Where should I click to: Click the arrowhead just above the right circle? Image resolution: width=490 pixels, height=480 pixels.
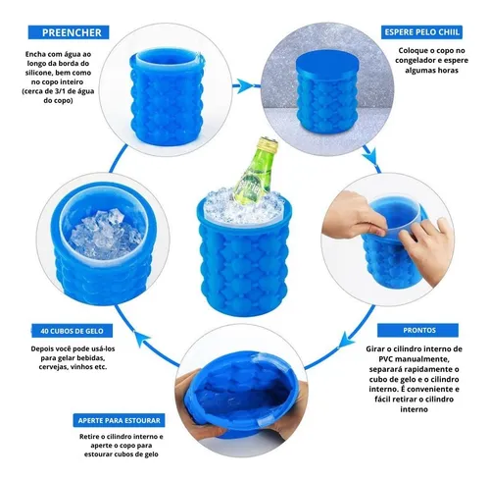pyautogui.click(x=371, y=154)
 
